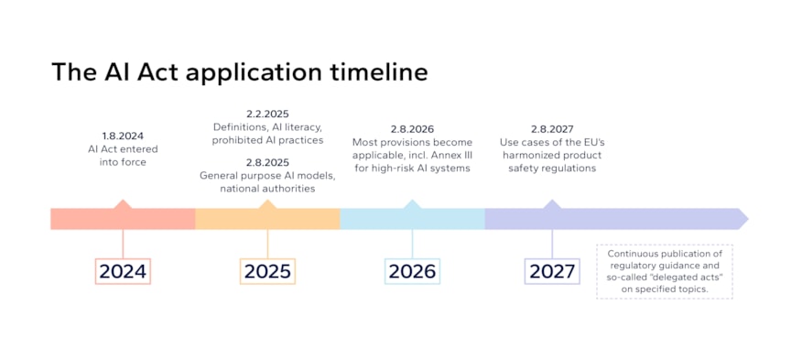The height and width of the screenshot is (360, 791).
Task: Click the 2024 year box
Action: [x=123, y=271]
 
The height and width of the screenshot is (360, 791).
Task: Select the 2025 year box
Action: [x=267, y=271]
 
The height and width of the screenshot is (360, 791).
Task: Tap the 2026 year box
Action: [x=412, y=271]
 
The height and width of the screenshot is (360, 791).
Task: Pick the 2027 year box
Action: [x=552, y=271]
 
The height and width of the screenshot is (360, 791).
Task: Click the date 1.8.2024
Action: [x=123, y=136]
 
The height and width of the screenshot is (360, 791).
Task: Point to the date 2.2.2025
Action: [x=267, y=114]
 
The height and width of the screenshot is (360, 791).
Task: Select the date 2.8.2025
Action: [x=267, y=162]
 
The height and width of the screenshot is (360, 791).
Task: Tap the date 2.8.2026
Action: [x=412, y=129]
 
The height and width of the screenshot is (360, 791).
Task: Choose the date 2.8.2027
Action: [x=552, y=129]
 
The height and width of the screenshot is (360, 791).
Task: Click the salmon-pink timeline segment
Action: [x=123, y=219]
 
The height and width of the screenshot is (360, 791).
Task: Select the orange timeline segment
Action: [x=267, y=219]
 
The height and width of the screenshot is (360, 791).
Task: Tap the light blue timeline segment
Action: [x=412, y=219]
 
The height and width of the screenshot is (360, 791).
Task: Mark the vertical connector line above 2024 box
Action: [x=123, y=243]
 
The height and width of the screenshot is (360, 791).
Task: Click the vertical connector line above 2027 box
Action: [x=552, y=243]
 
